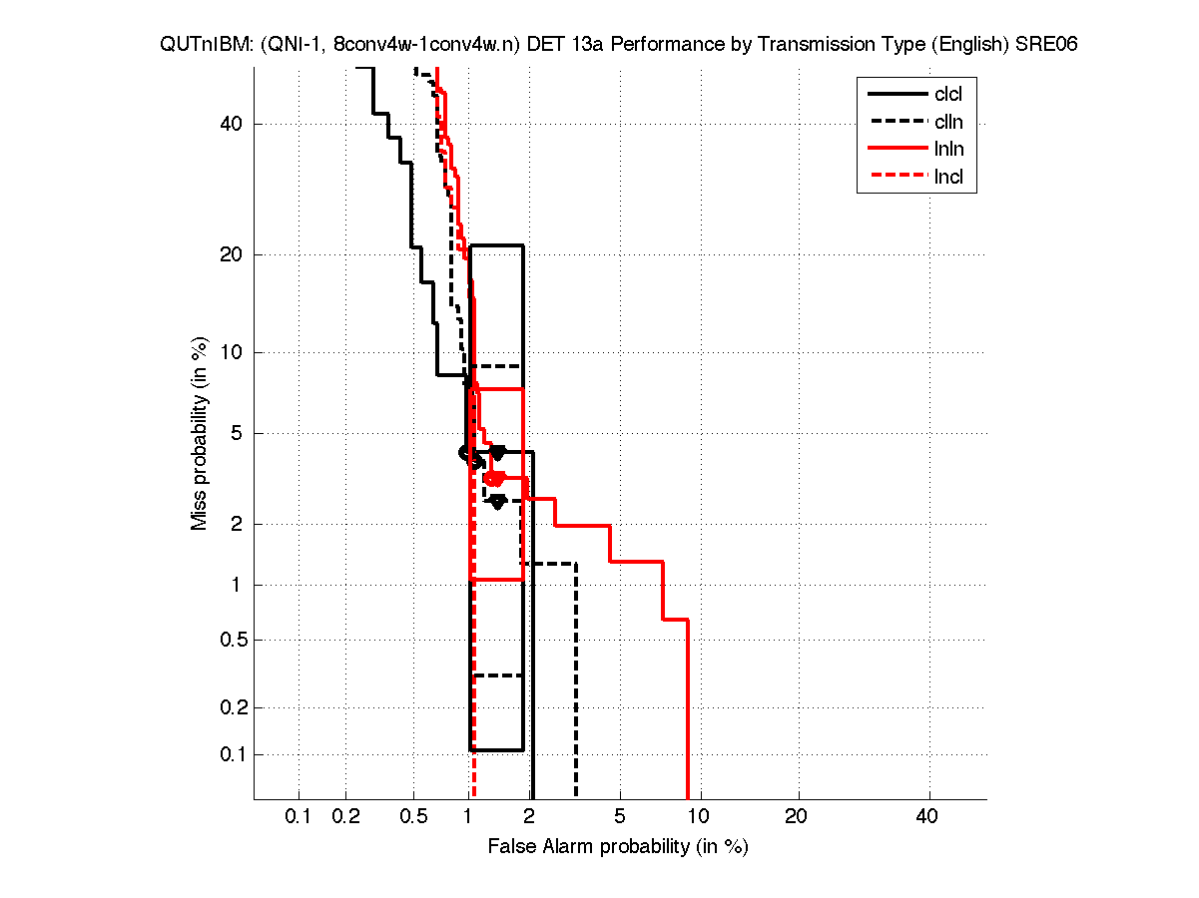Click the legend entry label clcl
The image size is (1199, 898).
tap(948, 95)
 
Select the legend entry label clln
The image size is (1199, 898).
tap(948, 123)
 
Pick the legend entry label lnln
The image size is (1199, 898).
tap(948, 151)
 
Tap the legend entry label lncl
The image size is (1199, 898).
tap(948, 179)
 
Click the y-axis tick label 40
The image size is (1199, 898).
tap(233, 124)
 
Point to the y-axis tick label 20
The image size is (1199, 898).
tap(233, 254)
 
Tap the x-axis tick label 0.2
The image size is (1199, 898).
tap(345, 817)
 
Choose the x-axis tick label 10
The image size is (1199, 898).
tap(700, 817)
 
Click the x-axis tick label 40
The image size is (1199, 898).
tap(928, 817)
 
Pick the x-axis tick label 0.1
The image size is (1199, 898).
tap(299, 817)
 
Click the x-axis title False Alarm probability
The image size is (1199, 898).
tap(617, 847)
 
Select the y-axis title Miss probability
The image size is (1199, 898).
tap(200, 434)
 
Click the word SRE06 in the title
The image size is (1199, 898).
tap(1045, 45)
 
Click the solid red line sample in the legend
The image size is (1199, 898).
tap(896, 151)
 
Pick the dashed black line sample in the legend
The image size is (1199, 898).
tap(896, 123)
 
